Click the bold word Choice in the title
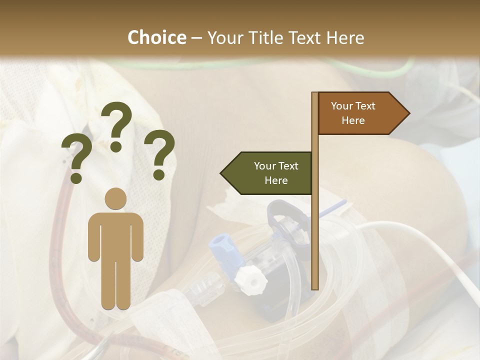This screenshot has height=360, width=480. click(x=156, y=37)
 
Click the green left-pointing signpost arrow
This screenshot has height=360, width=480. click(x=267, y=173)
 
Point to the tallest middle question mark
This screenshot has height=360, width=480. click(x=116, y=124)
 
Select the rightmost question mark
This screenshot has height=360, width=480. click(x=159, y=154)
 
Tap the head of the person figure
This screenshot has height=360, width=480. click(x=116, y=198)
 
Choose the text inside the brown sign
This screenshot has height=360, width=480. click(x=353, y=113)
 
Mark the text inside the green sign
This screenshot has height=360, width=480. click(x=276, y=173)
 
